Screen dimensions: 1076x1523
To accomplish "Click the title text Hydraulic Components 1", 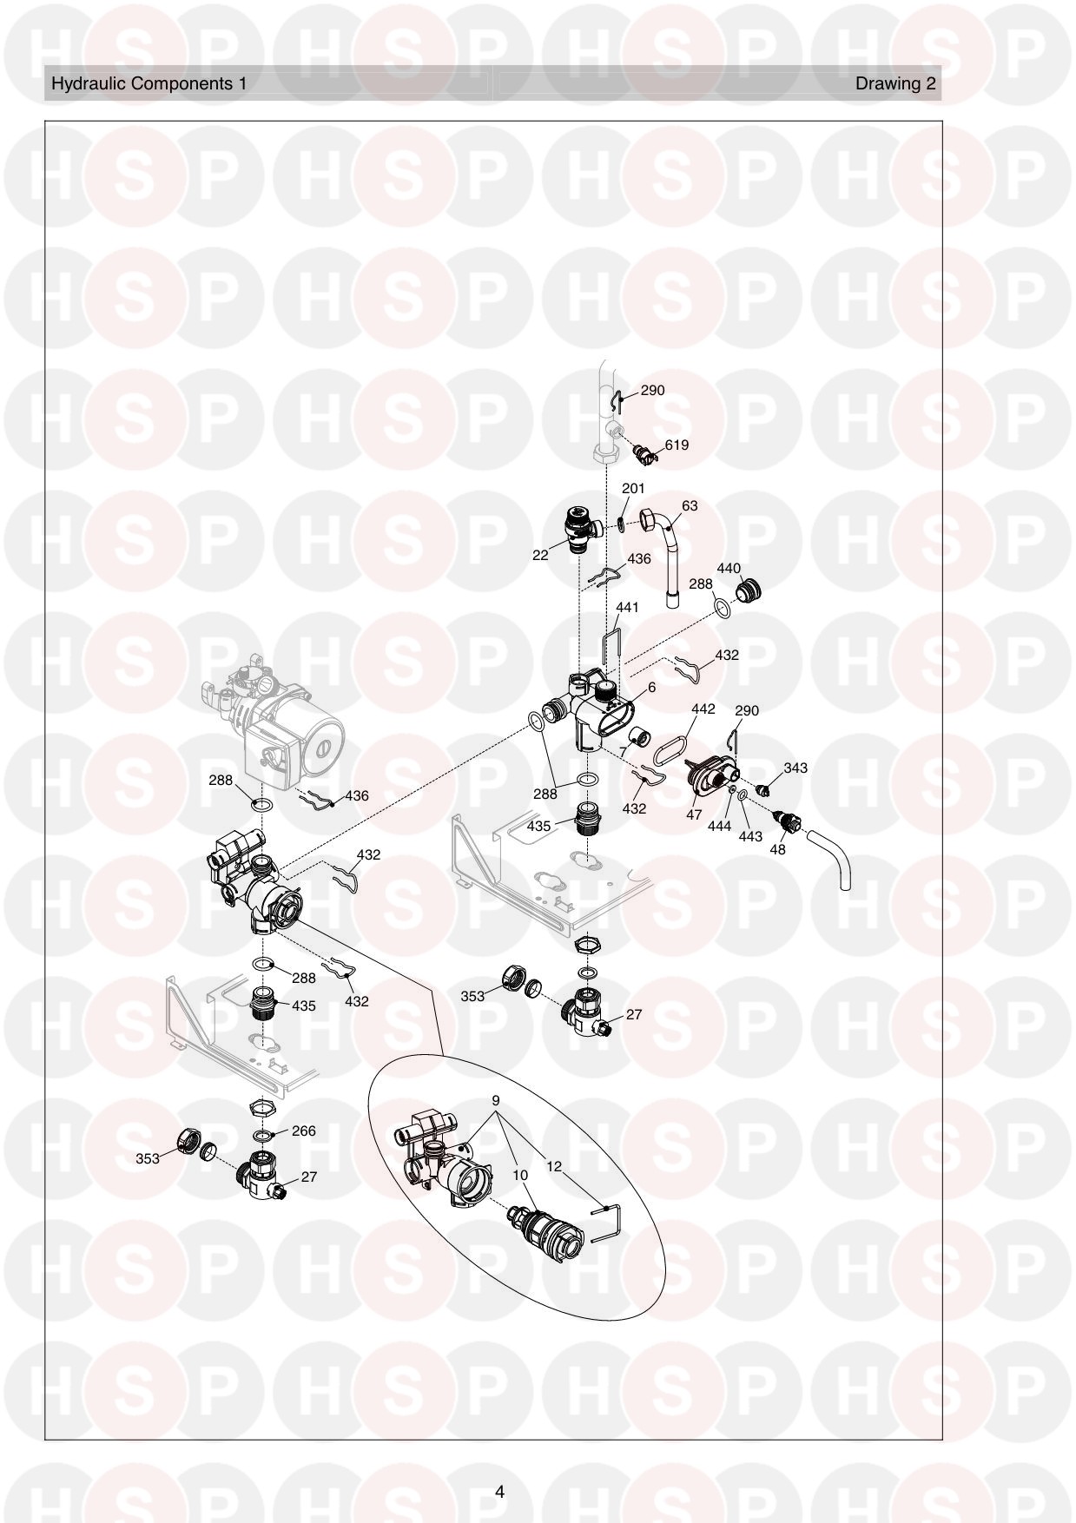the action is coord(149,83).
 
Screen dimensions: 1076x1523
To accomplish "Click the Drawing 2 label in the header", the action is coord(895,83).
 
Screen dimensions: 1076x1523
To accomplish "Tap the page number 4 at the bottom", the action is coord(499,1492).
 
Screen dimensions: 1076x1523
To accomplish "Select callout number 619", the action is coord(677,445).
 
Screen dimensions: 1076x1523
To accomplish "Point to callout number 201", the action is coord(633,489).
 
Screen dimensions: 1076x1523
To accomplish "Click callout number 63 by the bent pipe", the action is coord(690,505).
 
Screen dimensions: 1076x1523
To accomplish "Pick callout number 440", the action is coord(729,569).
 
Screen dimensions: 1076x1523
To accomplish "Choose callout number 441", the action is coord(627,607).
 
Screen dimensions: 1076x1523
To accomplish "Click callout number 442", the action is coord(703,709).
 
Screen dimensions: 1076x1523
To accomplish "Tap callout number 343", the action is coord(795,768).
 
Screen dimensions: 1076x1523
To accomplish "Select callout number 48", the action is coord(777,849).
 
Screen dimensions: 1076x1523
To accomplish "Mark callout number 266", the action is coord(304,1131).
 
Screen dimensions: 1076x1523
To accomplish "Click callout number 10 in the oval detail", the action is coord(520,1175).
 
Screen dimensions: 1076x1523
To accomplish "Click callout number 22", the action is coord(540,555).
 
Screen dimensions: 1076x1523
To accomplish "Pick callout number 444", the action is coord(719,827).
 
